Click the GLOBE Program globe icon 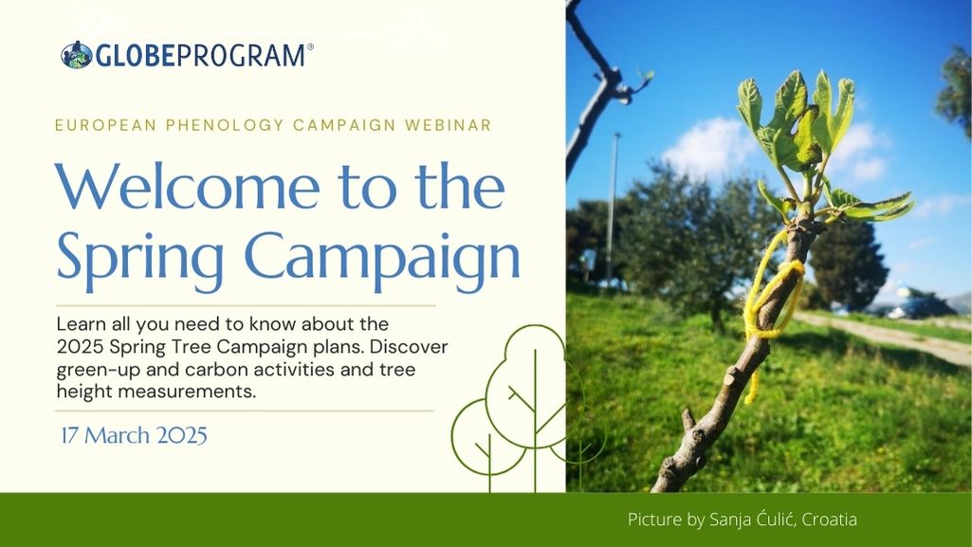point(77,55)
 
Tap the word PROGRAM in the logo point(241,56)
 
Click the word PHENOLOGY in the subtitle point(225,125)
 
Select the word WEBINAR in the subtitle point(449,125)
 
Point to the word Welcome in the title point(188,187)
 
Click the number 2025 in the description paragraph point(81,347)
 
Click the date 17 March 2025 point(134,435)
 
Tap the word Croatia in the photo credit point(830,520)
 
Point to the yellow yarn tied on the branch point(773,298)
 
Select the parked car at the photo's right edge point(921,304)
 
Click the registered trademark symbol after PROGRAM point(310,46)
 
